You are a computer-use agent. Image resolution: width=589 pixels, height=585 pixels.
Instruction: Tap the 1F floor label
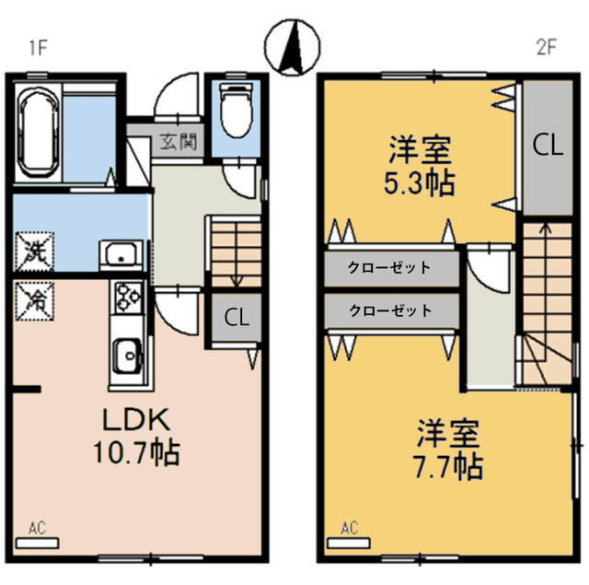38,49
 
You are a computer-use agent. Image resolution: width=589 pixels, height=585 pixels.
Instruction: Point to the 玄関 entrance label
178,142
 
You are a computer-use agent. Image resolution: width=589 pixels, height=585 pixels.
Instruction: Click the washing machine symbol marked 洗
34,250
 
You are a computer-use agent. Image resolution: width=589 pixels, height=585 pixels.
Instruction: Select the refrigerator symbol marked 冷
34,298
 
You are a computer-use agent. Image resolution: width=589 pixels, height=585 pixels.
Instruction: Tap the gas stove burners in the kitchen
125,298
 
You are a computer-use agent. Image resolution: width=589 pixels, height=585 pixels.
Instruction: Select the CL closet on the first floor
237,319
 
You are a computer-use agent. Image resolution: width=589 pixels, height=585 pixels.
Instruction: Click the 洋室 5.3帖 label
419,166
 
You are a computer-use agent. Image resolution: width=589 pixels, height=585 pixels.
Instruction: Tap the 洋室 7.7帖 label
448,450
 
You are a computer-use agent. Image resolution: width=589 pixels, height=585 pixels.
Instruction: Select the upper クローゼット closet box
390,268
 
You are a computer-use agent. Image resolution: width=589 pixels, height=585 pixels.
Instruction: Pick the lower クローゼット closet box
390,310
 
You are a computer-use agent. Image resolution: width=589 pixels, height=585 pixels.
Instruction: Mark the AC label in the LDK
37,529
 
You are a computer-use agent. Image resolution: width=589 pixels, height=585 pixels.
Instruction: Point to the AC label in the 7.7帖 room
349,529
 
